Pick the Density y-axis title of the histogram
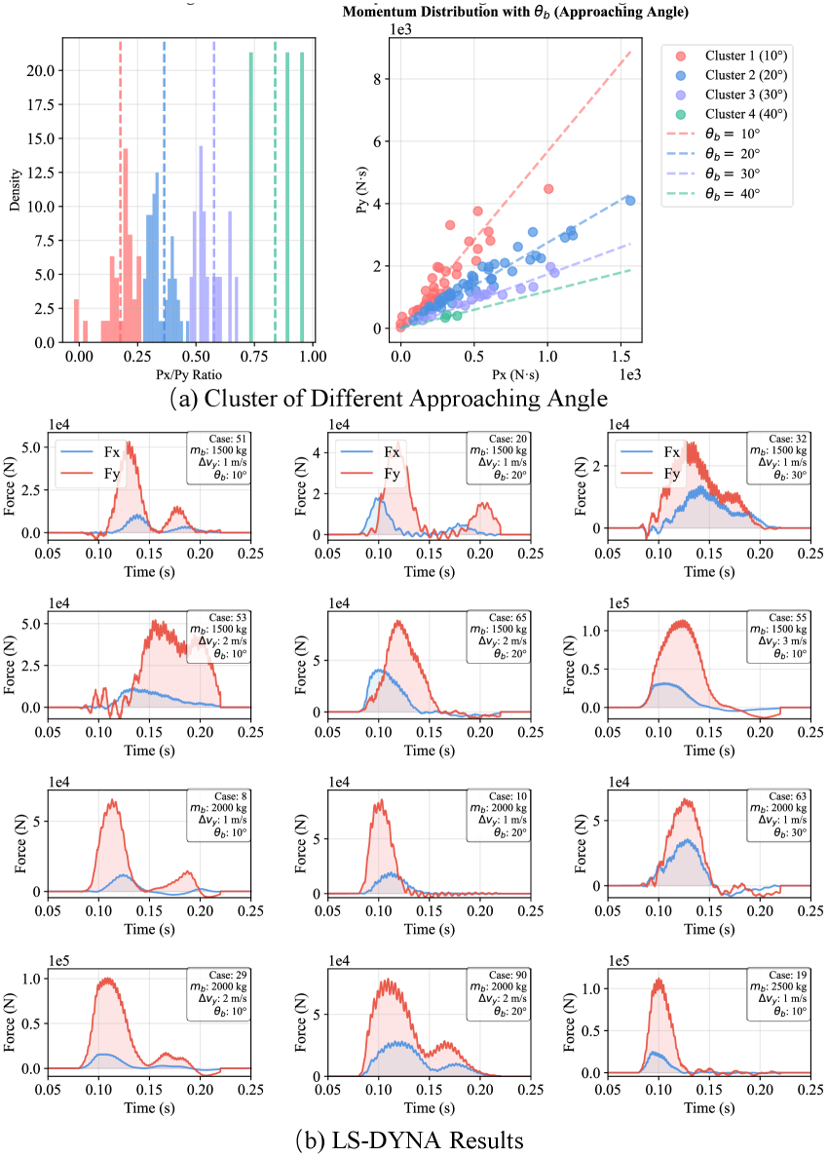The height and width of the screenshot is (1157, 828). click(15, 193)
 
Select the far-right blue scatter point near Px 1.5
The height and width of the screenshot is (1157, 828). click(629, 201)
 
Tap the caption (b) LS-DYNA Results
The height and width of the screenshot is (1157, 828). click(412, 1138)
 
